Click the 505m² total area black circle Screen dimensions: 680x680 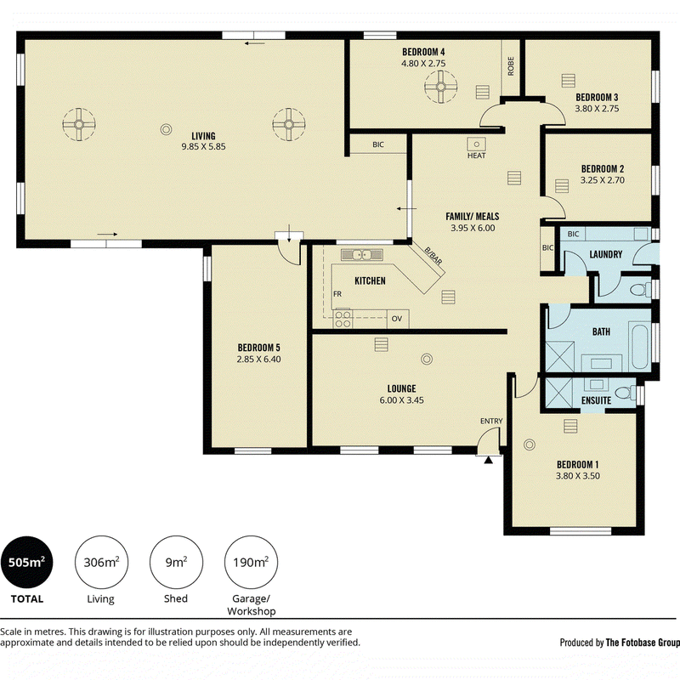27,562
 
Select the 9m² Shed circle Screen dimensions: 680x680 176,562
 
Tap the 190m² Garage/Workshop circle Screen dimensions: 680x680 251,562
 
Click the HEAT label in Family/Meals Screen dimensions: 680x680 476,156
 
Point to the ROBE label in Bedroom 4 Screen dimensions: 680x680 511,66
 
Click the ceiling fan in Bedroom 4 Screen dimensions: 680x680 440,88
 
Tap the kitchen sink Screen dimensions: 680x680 362,254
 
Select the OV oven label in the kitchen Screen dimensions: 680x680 397,319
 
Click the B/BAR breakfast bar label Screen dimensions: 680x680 433,257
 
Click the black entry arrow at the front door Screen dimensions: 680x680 488,460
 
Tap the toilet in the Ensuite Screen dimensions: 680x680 625,393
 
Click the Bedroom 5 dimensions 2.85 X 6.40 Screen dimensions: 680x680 259,359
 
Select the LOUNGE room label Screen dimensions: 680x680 401,388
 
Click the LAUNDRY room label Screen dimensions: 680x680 606,254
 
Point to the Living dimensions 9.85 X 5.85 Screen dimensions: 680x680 203,146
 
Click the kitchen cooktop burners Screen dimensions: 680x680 343,319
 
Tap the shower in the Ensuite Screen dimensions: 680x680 559,393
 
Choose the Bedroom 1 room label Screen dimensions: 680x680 578,464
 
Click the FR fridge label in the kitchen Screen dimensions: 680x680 337,294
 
